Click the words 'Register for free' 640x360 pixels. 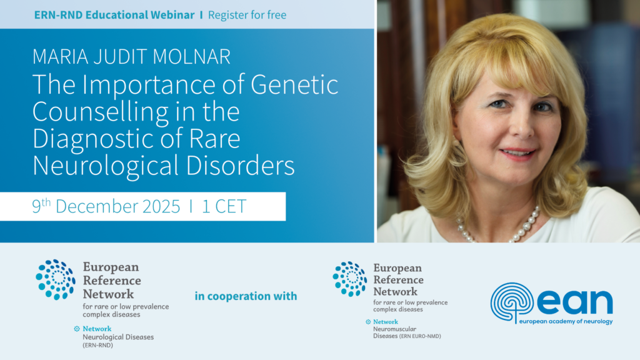point(247,15)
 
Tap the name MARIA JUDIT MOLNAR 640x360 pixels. point(131,57)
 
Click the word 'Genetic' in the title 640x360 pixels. point(294,84)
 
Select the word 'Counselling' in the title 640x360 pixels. point(101,111)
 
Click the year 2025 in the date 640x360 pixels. point(161,206)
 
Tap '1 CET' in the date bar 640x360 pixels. point(224,206)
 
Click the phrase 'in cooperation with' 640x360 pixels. point(246,296)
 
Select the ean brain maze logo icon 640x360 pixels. point(511,302)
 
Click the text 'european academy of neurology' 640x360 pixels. point(566,322)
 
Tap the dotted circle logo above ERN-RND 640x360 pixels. point(56,279)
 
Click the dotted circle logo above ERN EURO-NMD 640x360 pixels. point(350,279)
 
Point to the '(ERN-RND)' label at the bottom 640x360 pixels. point(98,345)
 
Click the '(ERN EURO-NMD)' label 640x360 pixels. point(420,336)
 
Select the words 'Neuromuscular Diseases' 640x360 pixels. point(395,332)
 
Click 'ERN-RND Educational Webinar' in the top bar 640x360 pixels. point(114,15)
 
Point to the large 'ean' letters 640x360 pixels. point(575,302)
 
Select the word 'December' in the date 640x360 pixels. point(97,206)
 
